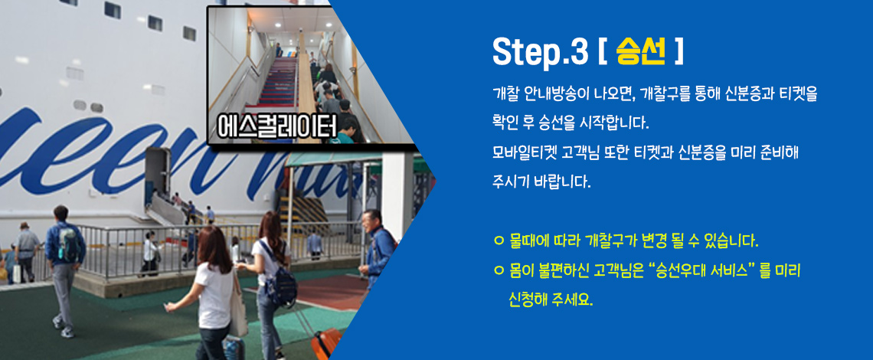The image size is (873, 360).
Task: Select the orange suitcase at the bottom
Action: coord(326,343)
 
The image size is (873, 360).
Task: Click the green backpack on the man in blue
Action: coord(69,244)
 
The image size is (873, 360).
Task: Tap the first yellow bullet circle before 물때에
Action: coord(499,242)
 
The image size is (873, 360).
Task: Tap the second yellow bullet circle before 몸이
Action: coord(499,271)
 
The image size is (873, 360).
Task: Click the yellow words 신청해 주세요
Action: coord(550,301)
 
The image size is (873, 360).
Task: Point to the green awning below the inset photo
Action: coord(334,159)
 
